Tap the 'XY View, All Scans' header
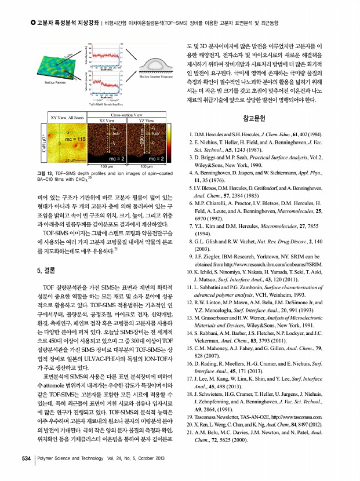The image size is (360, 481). (x=68, y=118)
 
